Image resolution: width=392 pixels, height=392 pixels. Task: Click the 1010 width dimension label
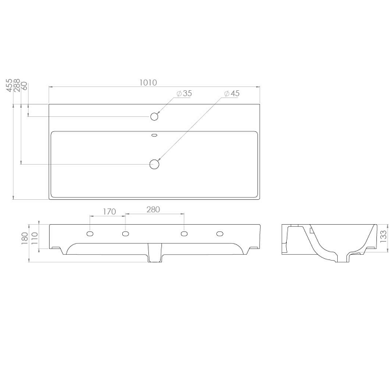pyautogui.click(x=148, y=82)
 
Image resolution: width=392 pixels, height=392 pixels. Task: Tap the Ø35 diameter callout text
pyautogui.click(x=184, y=93)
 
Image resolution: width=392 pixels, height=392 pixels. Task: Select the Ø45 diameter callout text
pyautogui.click(x=232, y=93)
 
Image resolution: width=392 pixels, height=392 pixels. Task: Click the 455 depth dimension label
pyautogui.click(x=9, y=85)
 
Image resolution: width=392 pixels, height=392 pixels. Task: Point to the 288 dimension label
pyautogui.click(x=17, y=85)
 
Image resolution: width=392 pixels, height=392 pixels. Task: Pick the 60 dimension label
pyautogui.click(x=25, y=87)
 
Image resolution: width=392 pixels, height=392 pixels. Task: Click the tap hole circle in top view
pyautogui.click(x=154, y=116)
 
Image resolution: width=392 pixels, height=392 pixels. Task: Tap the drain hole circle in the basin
pyautogui.click(x=154, y=164)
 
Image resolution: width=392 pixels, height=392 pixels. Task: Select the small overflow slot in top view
pyautogui.click(x=154, y=135)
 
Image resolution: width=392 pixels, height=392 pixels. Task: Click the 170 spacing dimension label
pyautogui.click(x=110, y=212)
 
